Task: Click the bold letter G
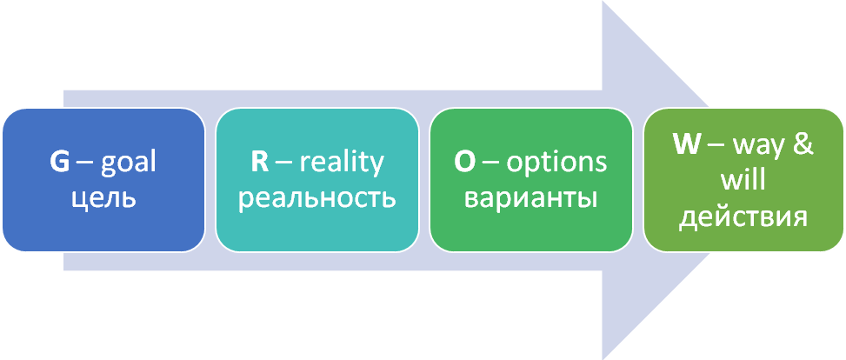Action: pyautogui.click(x=58, y=163)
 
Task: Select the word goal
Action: pyautogui.click(x=129, y=164)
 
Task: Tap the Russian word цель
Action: pyautogui.click(x=103, y=197)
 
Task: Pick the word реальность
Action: pyautogui.click(x=316, y=197)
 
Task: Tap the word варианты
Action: pyautogui.click(x=530, y=197)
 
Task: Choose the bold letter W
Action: pyautogui.click(x=687, y=144)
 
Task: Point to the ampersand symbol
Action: pyautogui.click(x=804, y=144)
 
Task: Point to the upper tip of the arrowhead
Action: pyautogui.click(x=603, y=3)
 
